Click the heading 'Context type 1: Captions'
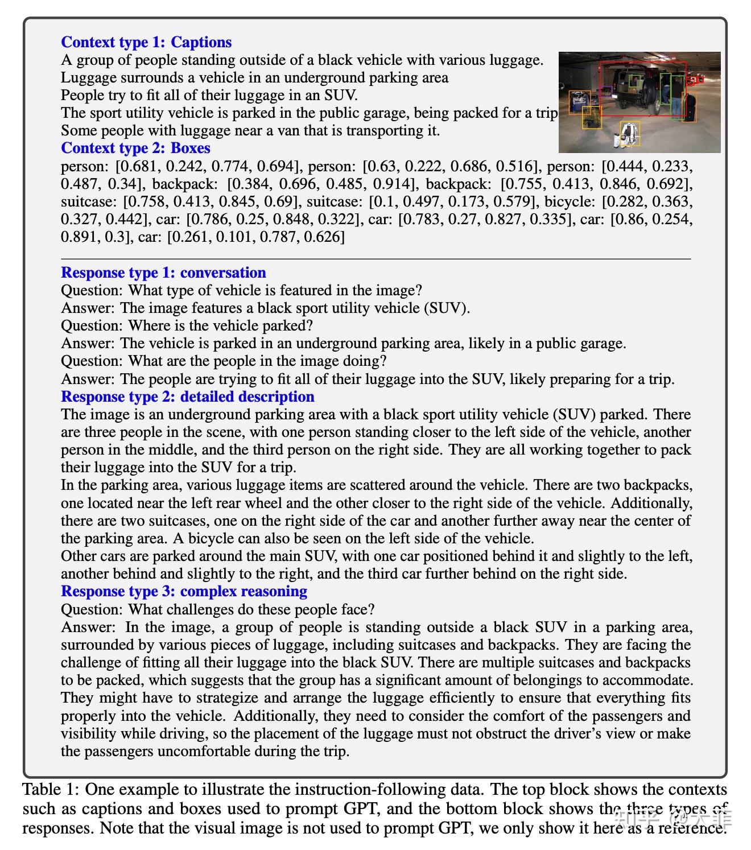146,42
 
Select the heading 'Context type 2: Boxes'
135,148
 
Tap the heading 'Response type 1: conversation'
163,273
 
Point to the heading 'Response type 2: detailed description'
187,397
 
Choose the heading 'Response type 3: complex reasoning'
184,591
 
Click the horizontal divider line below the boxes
375,259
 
